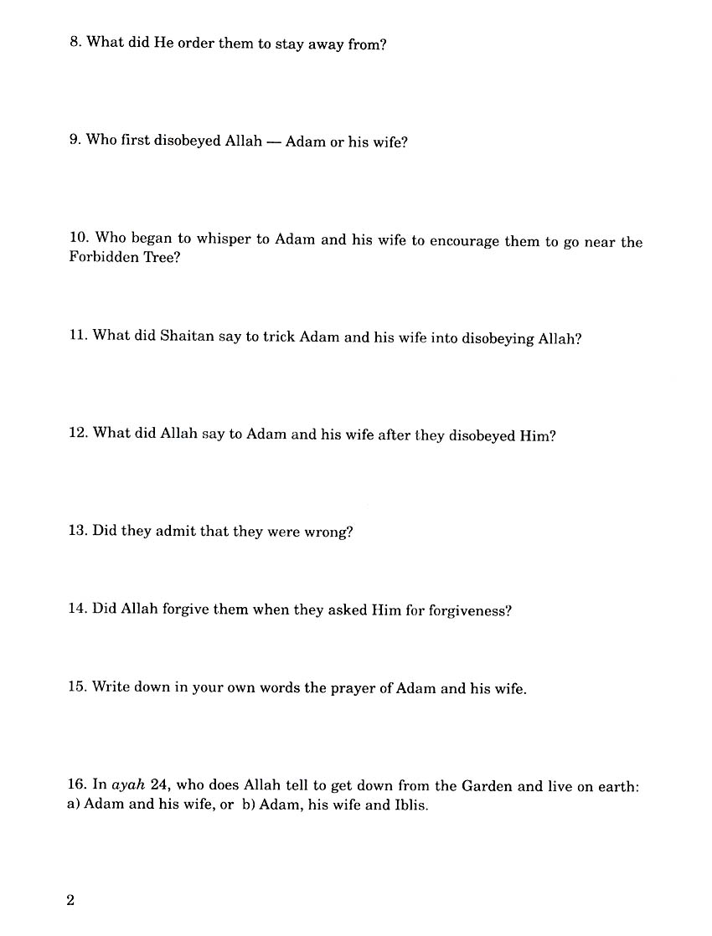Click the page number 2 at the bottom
(x=70, y=901)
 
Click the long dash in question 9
(x=271, y=141)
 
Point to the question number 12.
(x=79, y=434)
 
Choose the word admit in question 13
(x=174, y=532)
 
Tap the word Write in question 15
(x=111, y=687)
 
